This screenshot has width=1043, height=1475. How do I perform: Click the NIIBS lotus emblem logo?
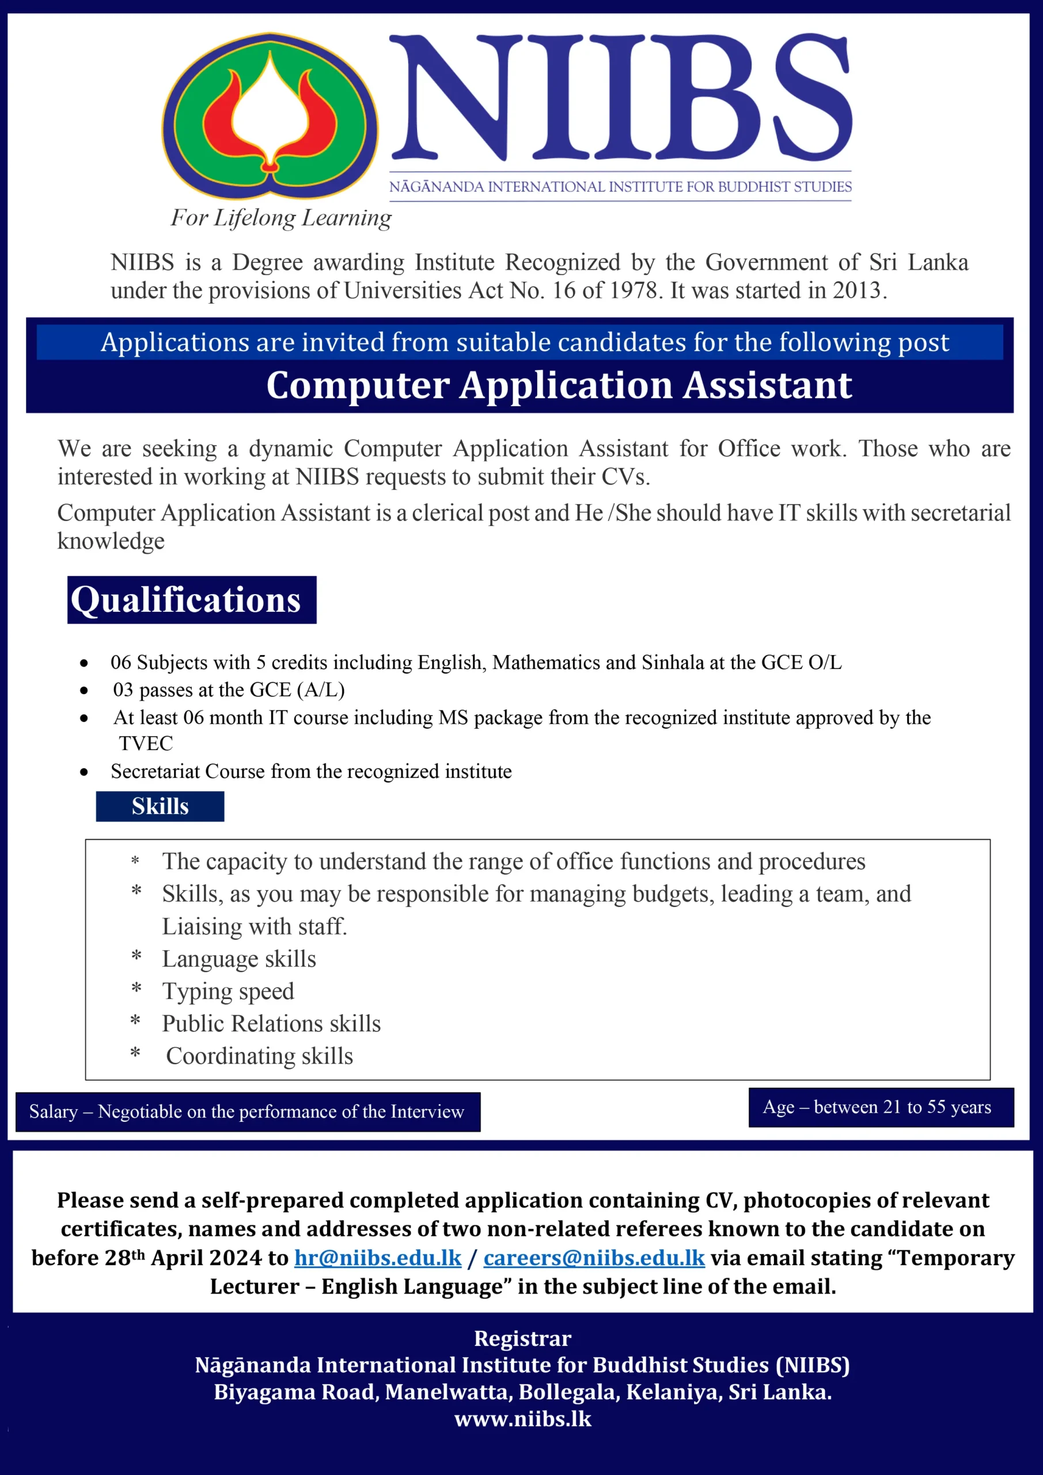tap(270, 116)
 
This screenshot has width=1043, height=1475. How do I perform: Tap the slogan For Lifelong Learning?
tap(280, 218)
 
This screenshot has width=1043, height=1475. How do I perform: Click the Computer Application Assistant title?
tap(559, 385)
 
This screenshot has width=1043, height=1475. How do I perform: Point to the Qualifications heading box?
tap(191, 599)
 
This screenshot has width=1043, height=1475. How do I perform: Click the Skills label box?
tap(160, 806)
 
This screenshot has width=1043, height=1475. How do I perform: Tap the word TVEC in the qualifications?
tap(146, 743)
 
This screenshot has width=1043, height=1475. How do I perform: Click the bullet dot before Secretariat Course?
tap(84, 772)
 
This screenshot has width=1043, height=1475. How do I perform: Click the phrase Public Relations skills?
tap(271, 1023)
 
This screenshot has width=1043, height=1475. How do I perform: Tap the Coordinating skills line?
tap(260, 1056)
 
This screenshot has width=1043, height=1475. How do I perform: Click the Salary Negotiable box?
tap(247, 1111)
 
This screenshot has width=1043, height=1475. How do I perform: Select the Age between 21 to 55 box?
tap(881, 1107)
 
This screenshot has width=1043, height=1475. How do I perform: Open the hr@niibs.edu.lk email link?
tap(378, 1257)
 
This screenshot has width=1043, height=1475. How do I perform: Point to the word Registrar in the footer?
tap(522, 1338)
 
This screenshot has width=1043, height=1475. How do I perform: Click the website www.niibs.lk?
tap(522, 1419)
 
